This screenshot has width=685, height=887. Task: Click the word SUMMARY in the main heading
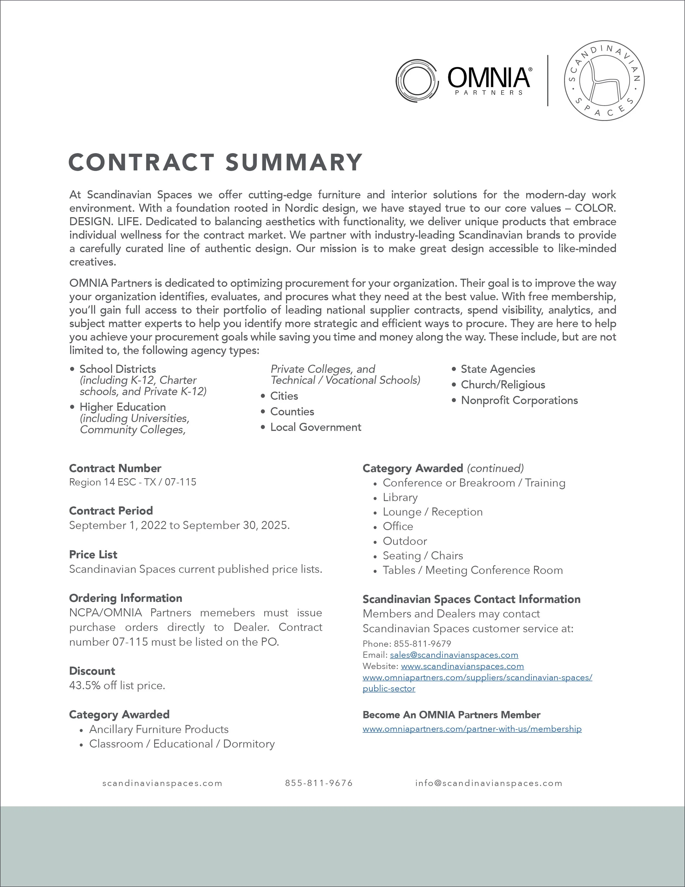294,162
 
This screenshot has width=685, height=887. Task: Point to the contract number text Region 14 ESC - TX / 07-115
133,482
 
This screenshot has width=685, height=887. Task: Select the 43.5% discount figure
84,685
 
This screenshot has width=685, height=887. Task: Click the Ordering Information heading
125,598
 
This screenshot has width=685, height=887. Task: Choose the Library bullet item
400,497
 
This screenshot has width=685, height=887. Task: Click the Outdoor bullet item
405,541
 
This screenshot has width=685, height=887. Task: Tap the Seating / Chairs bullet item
423,556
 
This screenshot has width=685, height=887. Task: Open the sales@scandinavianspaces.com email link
454,655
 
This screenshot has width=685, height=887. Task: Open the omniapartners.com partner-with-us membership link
472,729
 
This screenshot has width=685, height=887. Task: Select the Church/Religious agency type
503,385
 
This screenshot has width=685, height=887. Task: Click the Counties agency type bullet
292,411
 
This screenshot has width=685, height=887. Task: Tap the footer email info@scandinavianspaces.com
489,783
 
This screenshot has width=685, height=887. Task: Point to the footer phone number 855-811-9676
319,783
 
